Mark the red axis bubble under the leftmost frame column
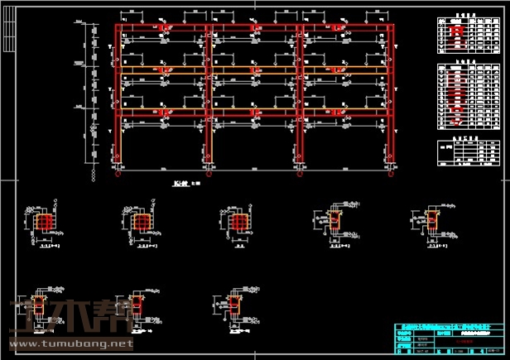coord(118,175)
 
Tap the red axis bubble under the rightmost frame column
coord(386,175)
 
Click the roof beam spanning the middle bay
coord(253,29)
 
